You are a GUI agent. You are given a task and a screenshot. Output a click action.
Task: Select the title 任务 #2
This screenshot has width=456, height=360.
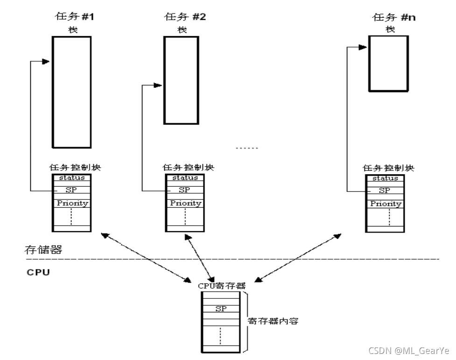click(x=185, y=18)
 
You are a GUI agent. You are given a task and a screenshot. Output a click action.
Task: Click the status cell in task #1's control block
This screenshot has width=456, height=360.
click(x=72, y=177)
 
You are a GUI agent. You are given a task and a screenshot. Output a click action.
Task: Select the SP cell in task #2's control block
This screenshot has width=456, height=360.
click(x=185, y=190)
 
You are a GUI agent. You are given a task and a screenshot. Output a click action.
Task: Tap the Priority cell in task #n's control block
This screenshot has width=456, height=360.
click(x=386, y=204)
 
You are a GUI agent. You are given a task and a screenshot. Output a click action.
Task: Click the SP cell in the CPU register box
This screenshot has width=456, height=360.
click(x=221, y=309)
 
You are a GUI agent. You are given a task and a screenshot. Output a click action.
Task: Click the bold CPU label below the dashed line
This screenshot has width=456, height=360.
click(x=37, y=271)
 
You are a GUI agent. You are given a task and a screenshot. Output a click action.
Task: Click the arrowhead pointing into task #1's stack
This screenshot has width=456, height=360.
click(x=46, y=61)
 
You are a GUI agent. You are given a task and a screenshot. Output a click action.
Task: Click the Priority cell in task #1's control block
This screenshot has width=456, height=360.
click(x=72, y=203)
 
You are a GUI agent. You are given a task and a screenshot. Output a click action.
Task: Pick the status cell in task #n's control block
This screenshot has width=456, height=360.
click(x=386, y=178)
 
